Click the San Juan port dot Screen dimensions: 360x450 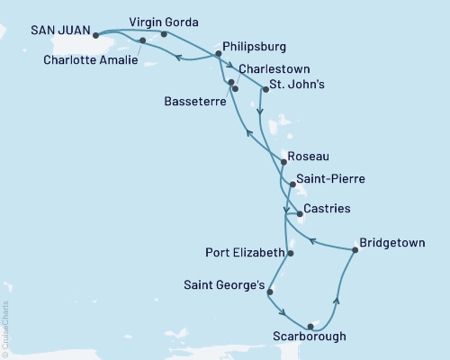tap(96, 36)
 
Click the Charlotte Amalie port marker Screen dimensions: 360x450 tap(142, 41)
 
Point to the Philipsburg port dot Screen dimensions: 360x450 tap(218, 54)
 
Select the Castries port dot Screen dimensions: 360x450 tap(299, 214)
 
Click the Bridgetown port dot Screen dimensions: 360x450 tap(354, 251)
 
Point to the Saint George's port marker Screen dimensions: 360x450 tap(270, 292)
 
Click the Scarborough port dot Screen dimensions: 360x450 tap(310, 326)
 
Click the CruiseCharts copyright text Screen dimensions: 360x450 tap(6, 328)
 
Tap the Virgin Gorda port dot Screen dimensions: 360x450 tap(164, 35)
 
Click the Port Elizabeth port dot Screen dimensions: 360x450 tap(291, 253)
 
